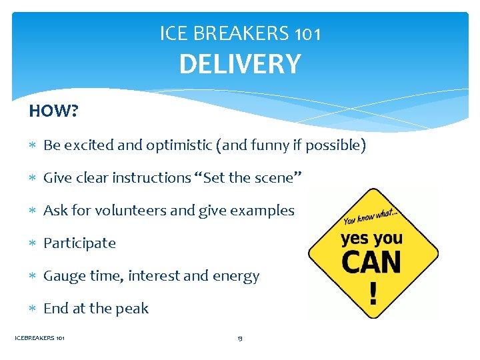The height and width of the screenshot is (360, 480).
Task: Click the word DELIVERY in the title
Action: (240, 64)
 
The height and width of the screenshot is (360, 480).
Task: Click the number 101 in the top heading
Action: (307, 33)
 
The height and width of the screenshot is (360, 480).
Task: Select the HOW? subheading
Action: (53, 111)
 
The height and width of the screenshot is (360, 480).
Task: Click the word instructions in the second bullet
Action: (151, 178)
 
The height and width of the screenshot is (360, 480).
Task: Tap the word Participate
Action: (79, 243)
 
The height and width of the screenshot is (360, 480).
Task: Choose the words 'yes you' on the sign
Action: (371, 238)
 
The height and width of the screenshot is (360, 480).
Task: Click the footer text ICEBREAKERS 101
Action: (40, 339)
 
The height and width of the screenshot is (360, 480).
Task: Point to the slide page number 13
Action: (240, 339)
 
